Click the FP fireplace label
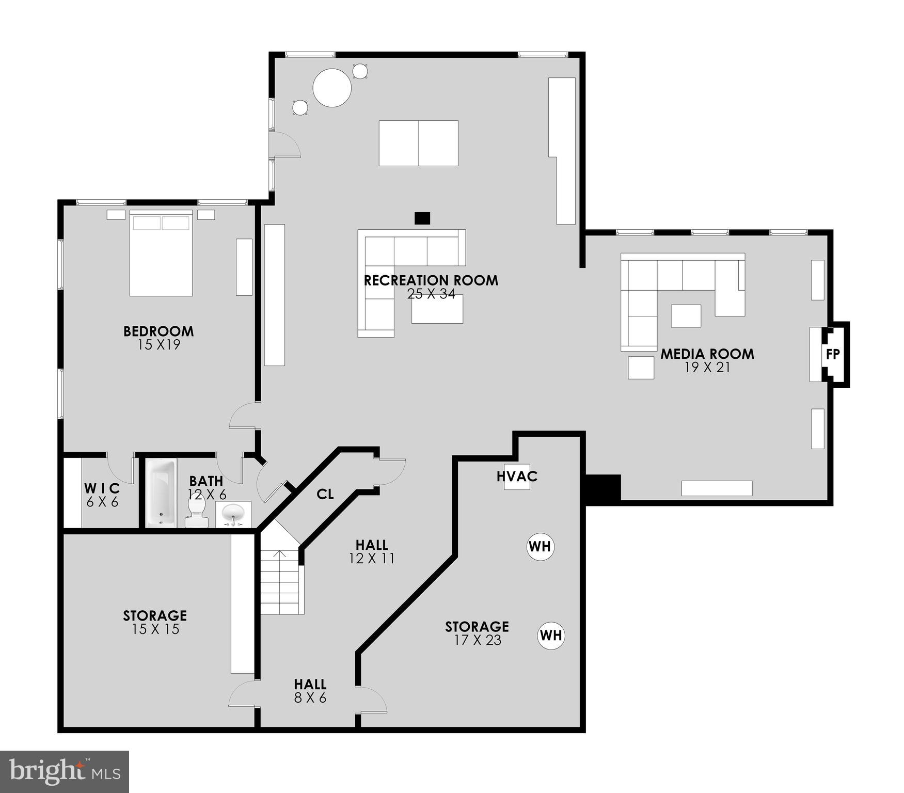point(832,354)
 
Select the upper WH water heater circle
point(540,546)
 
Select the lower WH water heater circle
point(551,636)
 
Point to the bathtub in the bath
point(161,492)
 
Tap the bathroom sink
point(233,513)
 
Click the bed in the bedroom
point(161,253)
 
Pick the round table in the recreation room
point(332,87)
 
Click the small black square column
point(422,218)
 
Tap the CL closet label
point(325,494)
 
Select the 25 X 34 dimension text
point(431,294)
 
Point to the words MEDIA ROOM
point(707,354)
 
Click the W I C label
point(102,488)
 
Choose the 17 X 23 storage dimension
point(477,640)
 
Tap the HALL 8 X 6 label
point(310,691)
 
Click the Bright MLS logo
point(64,772)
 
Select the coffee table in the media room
point(686,315)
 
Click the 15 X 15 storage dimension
point(155,629)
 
